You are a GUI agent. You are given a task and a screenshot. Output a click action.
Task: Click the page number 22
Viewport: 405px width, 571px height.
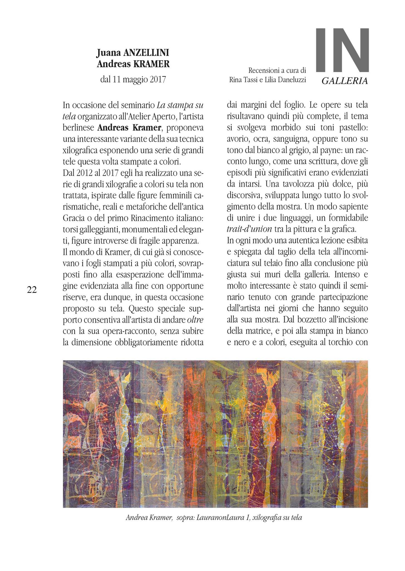[x=32, y=290]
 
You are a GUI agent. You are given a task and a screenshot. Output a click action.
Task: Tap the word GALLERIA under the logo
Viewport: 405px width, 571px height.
[x=344, y=81]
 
